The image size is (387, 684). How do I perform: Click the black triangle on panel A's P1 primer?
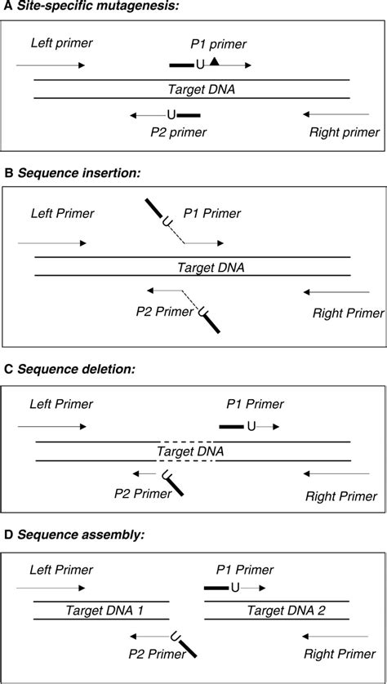(214, 62)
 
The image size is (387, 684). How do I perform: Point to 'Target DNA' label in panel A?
(193, 88)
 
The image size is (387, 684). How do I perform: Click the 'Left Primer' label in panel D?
(61, 569)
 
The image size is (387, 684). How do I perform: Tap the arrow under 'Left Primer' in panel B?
(51, 242)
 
